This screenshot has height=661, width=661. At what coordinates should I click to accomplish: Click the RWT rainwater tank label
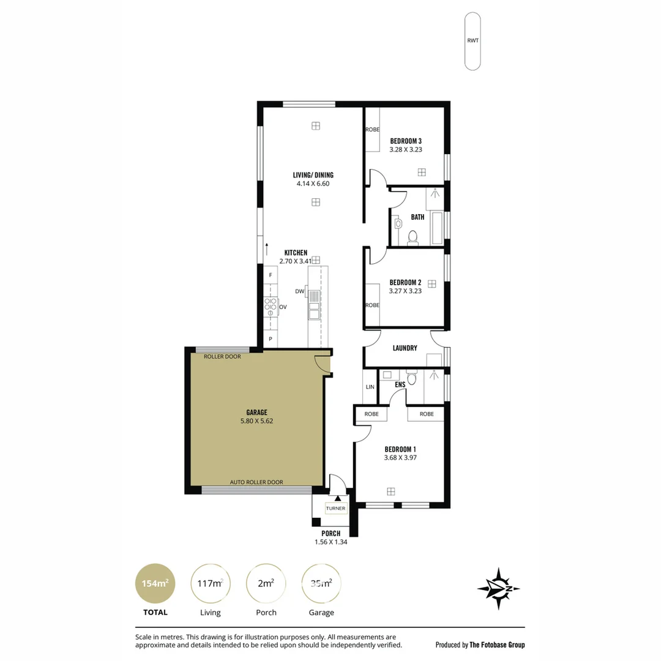coord(472,40)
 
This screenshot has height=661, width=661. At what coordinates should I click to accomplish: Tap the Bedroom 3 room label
coord(406,141)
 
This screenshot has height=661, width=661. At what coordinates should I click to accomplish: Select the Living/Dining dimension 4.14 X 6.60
coord(313,184)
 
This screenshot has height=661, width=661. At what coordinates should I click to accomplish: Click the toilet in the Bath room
coord(413,237)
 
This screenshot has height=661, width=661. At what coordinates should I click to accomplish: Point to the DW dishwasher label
coord(300,291)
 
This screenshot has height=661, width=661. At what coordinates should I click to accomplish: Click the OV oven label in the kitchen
coord(283,307)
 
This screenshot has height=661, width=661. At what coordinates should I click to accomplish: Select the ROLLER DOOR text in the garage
coord(222,357)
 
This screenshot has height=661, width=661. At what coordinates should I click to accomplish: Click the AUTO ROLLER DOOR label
coord(256,482)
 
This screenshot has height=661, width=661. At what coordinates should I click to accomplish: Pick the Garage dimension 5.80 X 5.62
coord(256,420)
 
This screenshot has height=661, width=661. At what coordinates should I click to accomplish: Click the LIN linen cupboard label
coord(370,387)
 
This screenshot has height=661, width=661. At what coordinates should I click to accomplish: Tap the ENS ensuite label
coord(400,384)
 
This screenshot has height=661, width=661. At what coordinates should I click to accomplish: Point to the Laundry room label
coord(405,348)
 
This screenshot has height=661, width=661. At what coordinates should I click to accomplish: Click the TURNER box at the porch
coord(335,509)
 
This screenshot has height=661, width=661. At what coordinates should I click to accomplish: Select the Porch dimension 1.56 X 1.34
coord(331,542)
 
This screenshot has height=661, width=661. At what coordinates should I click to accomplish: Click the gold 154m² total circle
coord(155,583)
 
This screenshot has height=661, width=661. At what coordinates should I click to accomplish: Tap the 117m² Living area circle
coord(211,583)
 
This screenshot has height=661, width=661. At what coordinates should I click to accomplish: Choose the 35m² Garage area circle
coord(321,583)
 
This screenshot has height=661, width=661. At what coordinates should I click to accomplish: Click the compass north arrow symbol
coord(499,589)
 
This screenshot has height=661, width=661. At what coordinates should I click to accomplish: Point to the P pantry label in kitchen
coord(271,339)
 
